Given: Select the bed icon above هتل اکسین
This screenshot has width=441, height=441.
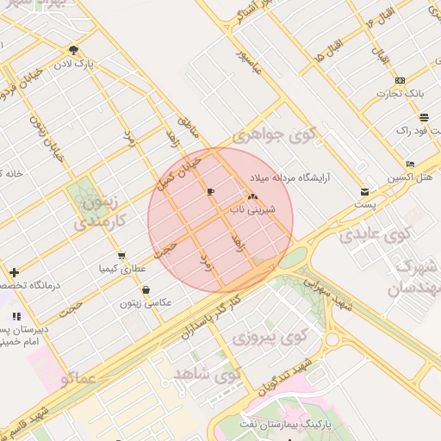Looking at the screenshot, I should (410, 164).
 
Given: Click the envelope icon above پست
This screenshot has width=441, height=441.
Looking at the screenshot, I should (365, 192).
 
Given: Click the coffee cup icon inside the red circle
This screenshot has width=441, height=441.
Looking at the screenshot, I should (211, 190).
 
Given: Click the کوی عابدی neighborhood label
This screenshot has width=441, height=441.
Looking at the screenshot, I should (372, 233).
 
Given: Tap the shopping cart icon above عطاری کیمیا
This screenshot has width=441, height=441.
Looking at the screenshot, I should (122, 256).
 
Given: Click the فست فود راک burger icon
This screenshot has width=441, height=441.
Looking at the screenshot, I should (424, 117).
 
